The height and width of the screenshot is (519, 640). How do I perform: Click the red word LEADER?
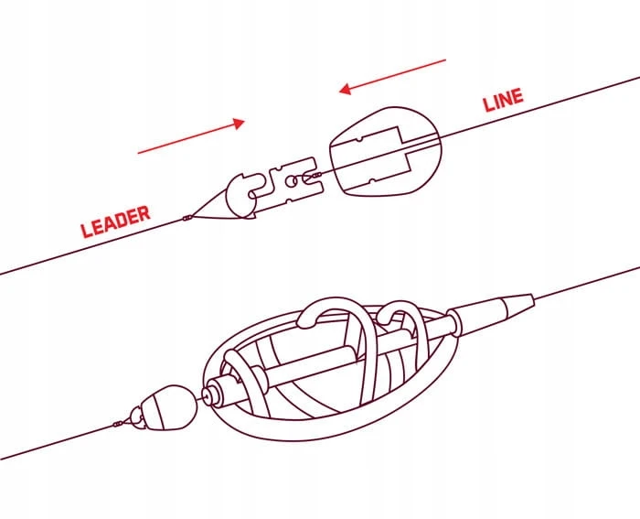coord(116,222)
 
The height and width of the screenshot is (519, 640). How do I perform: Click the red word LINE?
coord(503,99)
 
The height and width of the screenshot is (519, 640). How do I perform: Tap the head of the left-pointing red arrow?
coord(345,89)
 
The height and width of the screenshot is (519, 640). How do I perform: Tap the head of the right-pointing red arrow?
coord(239,124)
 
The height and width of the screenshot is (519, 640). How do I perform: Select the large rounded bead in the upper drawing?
coord(386,152)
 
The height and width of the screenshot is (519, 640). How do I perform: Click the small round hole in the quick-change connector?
coord(291,181)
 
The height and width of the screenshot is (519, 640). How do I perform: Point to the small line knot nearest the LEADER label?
coord(187,218)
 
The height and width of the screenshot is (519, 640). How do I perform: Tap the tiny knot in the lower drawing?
coord(118,424)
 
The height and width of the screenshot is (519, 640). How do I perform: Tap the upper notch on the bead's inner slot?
coord(358,140)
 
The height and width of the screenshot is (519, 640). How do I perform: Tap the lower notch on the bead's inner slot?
coord(371,180)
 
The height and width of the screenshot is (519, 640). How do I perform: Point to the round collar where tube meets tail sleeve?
coord(453,322)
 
